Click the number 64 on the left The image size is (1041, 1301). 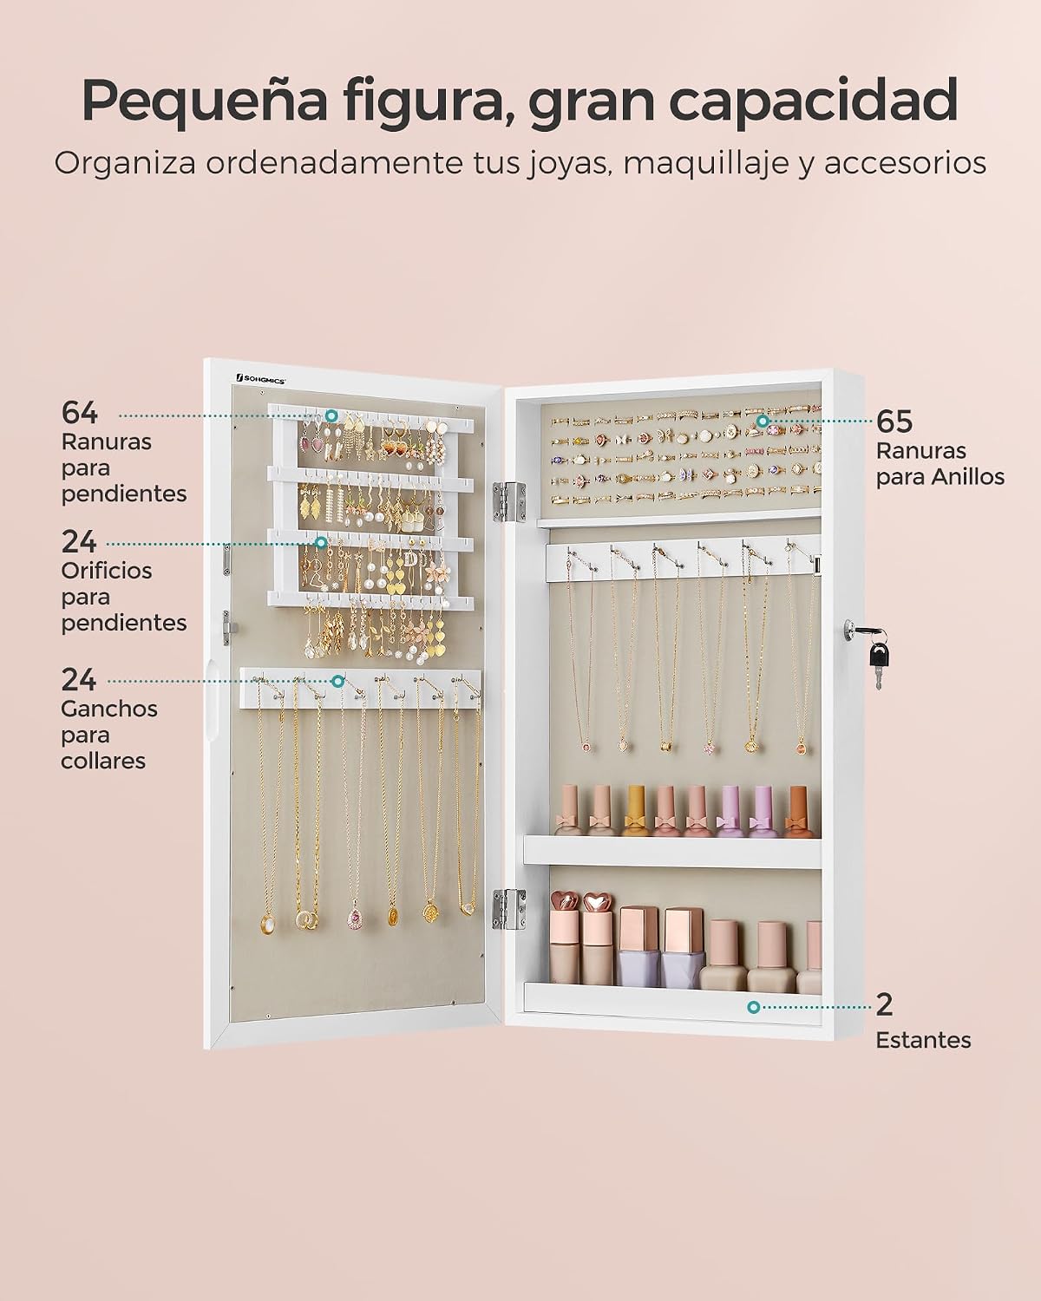(x=79, y=414)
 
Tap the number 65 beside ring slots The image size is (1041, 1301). (x=894, y=422)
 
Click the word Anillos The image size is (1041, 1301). (x=968, y=478)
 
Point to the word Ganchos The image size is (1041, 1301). (x=109, y=709)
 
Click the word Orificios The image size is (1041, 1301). (x=107, y=571)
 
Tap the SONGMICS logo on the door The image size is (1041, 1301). (x=261, y=379)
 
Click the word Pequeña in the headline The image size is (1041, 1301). (x=206, y=102)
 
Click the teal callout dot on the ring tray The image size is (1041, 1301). (x=763, y=420)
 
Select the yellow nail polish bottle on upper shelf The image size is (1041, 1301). (x=634, y=812)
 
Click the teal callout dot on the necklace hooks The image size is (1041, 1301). (x=338, y=682)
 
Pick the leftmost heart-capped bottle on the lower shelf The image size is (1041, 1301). (x=565, y=947)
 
